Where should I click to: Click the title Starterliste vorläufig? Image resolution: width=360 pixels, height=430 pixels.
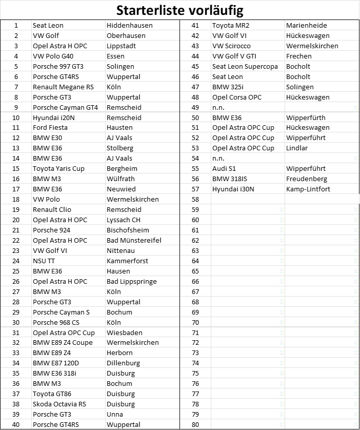(x=179, y=10)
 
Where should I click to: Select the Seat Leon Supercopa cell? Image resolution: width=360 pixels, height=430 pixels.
(x=245, y=66)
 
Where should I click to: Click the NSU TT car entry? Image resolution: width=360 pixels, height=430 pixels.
(x=44, y=261)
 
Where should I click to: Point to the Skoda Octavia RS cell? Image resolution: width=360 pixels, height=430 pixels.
(x=59, y=404)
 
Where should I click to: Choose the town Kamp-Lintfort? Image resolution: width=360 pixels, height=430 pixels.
(x=308, y=189)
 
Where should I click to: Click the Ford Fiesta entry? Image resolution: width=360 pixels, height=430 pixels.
(x=50, y=127)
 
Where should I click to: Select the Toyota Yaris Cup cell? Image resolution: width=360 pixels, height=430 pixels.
(x=58, y=168)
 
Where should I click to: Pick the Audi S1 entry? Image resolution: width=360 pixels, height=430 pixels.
(x=224, y=168)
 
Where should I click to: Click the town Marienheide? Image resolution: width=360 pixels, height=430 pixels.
(x=306, y=25)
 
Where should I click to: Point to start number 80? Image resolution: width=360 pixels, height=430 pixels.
(x=195, y=424)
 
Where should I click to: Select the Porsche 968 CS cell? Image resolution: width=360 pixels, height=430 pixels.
(x=55, y=322)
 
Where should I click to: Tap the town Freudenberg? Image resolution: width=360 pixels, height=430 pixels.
(x=306, y=179)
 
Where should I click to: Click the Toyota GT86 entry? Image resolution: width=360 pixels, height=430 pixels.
(x=53, y=394)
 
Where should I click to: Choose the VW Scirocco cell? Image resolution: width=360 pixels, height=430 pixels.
(x=232, y=46)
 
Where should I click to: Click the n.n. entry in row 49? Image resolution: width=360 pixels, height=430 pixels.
(x=218, y=107)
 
